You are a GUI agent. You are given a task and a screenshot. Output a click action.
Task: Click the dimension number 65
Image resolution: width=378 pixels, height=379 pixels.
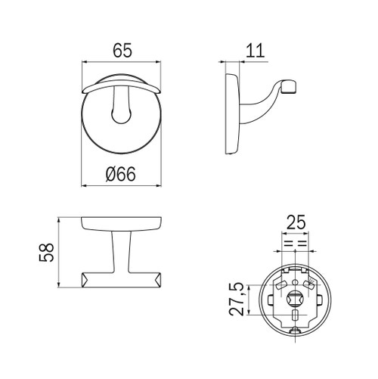tap(122, 51)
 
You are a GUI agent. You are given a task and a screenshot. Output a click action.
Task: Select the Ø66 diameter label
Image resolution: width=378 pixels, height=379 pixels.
tap(121, 174)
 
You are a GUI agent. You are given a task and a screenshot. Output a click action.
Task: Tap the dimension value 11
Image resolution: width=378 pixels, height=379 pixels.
tap(255, 51)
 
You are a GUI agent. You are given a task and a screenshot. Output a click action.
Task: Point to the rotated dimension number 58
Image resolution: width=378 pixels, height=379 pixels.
tap(47, 253)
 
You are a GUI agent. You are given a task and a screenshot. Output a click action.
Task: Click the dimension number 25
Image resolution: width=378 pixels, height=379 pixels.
tap(296, 222)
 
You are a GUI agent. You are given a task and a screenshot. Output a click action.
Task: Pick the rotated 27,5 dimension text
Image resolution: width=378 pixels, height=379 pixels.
tap(237, 300)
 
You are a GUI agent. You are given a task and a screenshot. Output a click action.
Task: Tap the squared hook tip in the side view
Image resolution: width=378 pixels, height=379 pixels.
tap(289, 86)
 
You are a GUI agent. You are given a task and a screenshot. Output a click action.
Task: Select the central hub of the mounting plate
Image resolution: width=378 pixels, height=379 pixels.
tap(295, 299)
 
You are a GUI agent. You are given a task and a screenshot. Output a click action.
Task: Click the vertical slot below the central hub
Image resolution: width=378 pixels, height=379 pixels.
tap(295, 315)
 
